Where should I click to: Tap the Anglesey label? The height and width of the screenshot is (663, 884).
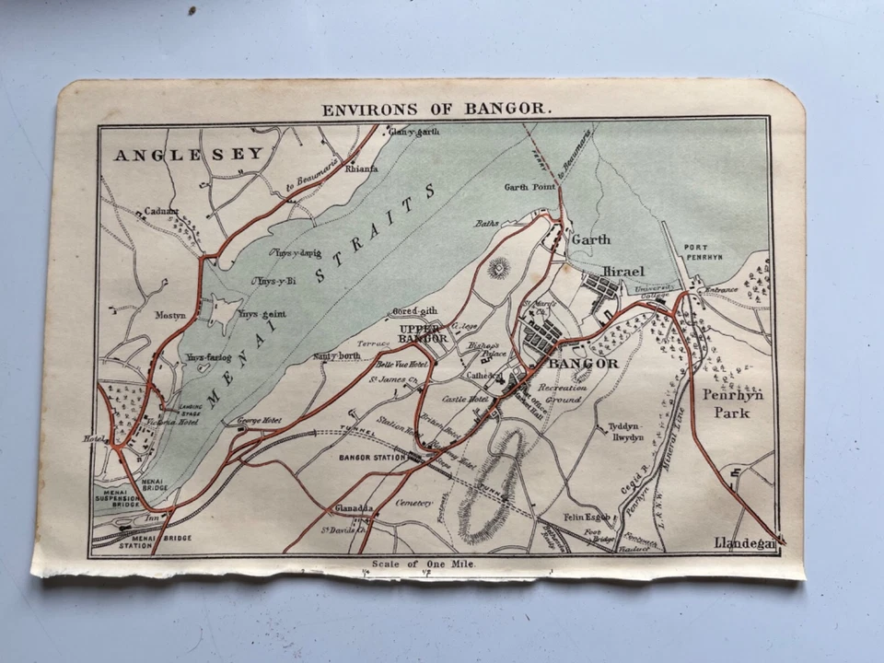point(189,155)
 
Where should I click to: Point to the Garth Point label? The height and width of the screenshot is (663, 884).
point(530,187)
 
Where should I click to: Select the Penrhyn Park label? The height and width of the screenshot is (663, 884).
point(727,403)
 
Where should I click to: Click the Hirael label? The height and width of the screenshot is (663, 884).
point(622,272)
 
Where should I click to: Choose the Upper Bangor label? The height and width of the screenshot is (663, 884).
point(424,333)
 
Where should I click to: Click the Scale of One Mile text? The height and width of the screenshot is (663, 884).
point(423,563)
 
